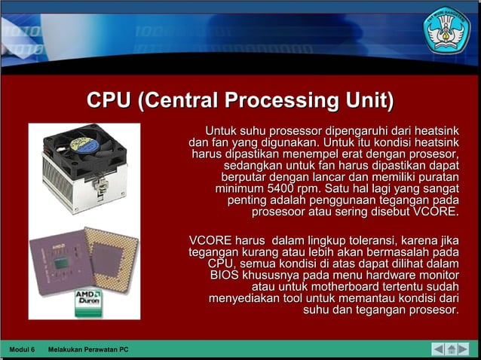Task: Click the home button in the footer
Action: (x=452, y=349)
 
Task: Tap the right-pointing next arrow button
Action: (x=467, y=349)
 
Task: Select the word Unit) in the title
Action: (x=369, y=101)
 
